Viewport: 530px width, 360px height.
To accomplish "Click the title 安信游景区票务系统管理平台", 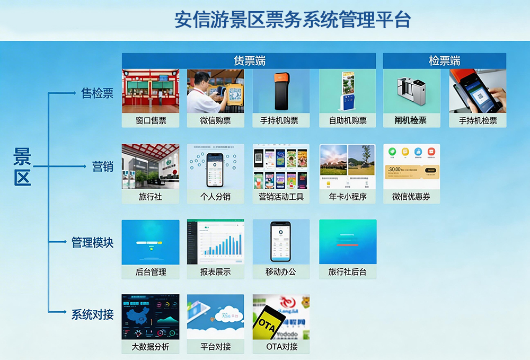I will point(293,20).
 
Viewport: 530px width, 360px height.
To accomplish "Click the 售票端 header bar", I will point(249,60).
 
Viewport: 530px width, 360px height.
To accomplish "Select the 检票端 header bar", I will point(444,60).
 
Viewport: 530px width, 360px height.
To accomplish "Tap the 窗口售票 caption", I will point(151,120).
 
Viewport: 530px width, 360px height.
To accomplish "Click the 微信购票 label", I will point(215,120).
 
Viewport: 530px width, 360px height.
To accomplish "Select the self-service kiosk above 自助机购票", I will point(348,91).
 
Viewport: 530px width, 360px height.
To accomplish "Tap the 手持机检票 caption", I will point(478,120).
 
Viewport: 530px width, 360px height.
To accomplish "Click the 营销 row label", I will point(103,166).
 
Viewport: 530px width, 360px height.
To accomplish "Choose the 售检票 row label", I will point(97,94).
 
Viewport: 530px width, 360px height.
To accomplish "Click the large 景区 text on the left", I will point(22,166).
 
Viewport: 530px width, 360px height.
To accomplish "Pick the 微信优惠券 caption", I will point(411,197).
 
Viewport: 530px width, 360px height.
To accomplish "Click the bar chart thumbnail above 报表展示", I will point(216,242).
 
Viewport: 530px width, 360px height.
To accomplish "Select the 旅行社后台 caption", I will point(347,272).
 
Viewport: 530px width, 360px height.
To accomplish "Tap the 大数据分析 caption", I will point(151,347).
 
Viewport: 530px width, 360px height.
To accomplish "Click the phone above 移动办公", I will point(281,242).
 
